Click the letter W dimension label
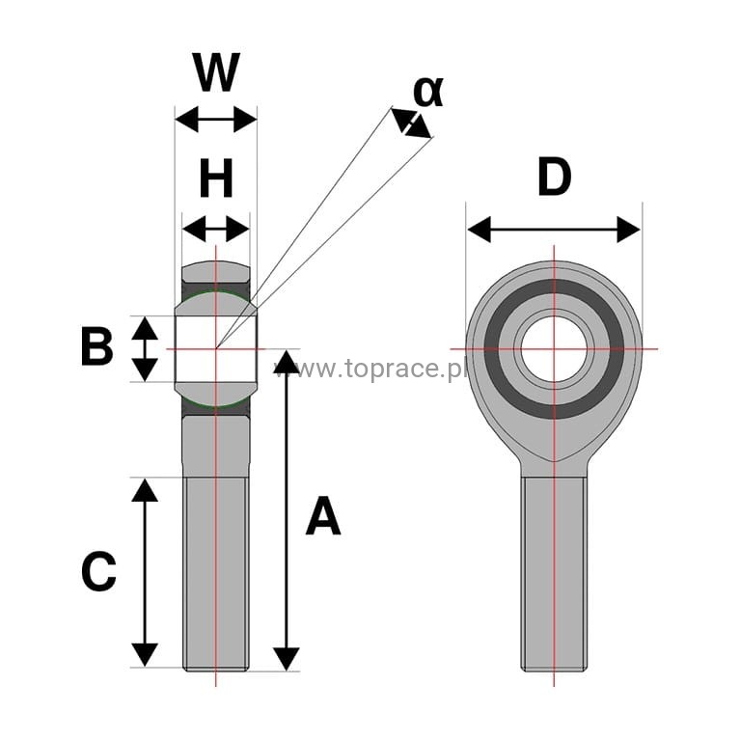click(215, 72)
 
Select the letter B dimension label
click(96, 347)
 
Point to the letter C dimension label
click(98, 573)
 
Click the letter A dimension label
click(323, 516)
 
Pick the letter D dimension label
click(554, 178)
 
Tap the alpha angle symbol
click(427, 91)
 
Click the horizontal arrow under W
click(215, 120)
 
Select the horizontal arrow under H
click(215, 230)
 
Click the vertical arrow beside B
click(145, 348)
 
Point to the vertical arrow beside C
click(145, 572)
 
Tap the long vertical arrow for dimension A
click(287, 510)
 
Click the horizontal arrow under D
click(554, 230)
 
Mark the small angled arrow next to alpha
click(411, 123)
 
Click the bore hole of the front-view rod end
click(554, 347)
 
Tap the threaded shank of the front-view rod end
click(554, 579)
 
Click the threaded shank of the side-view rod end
click(215, 579)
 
